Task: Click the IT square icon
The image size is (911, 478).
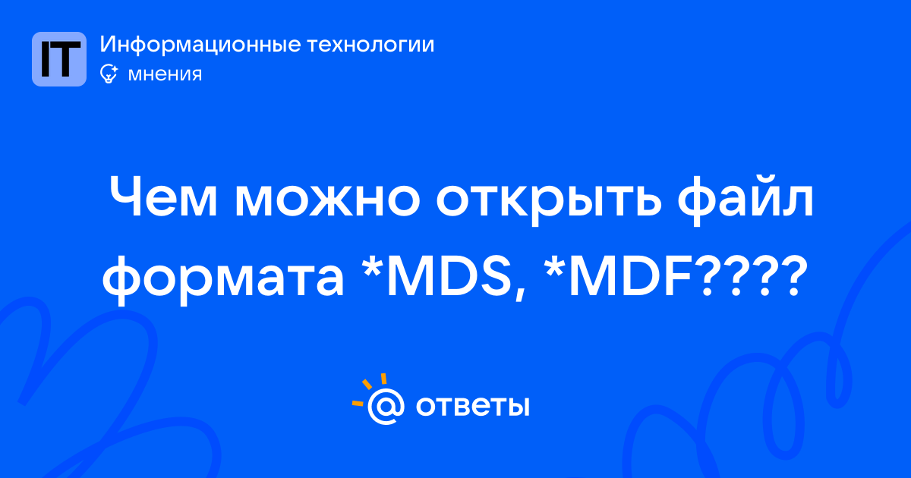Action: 59,59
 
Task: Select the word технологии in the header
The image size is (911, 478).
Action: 370,45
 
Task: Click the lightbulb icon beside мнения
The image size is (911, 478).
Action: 109,74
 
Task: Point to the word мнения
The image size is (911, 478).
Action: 165,74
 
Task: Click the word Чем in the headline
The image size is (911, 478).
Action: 163,198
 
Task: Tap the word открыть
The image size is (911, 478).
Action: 549,202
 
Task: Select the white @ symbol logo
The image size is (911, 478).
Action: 386,406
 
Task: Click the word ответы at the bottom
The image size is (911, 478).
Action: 472,407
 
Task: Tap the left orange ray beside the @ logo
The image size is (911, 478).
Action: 358,403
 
